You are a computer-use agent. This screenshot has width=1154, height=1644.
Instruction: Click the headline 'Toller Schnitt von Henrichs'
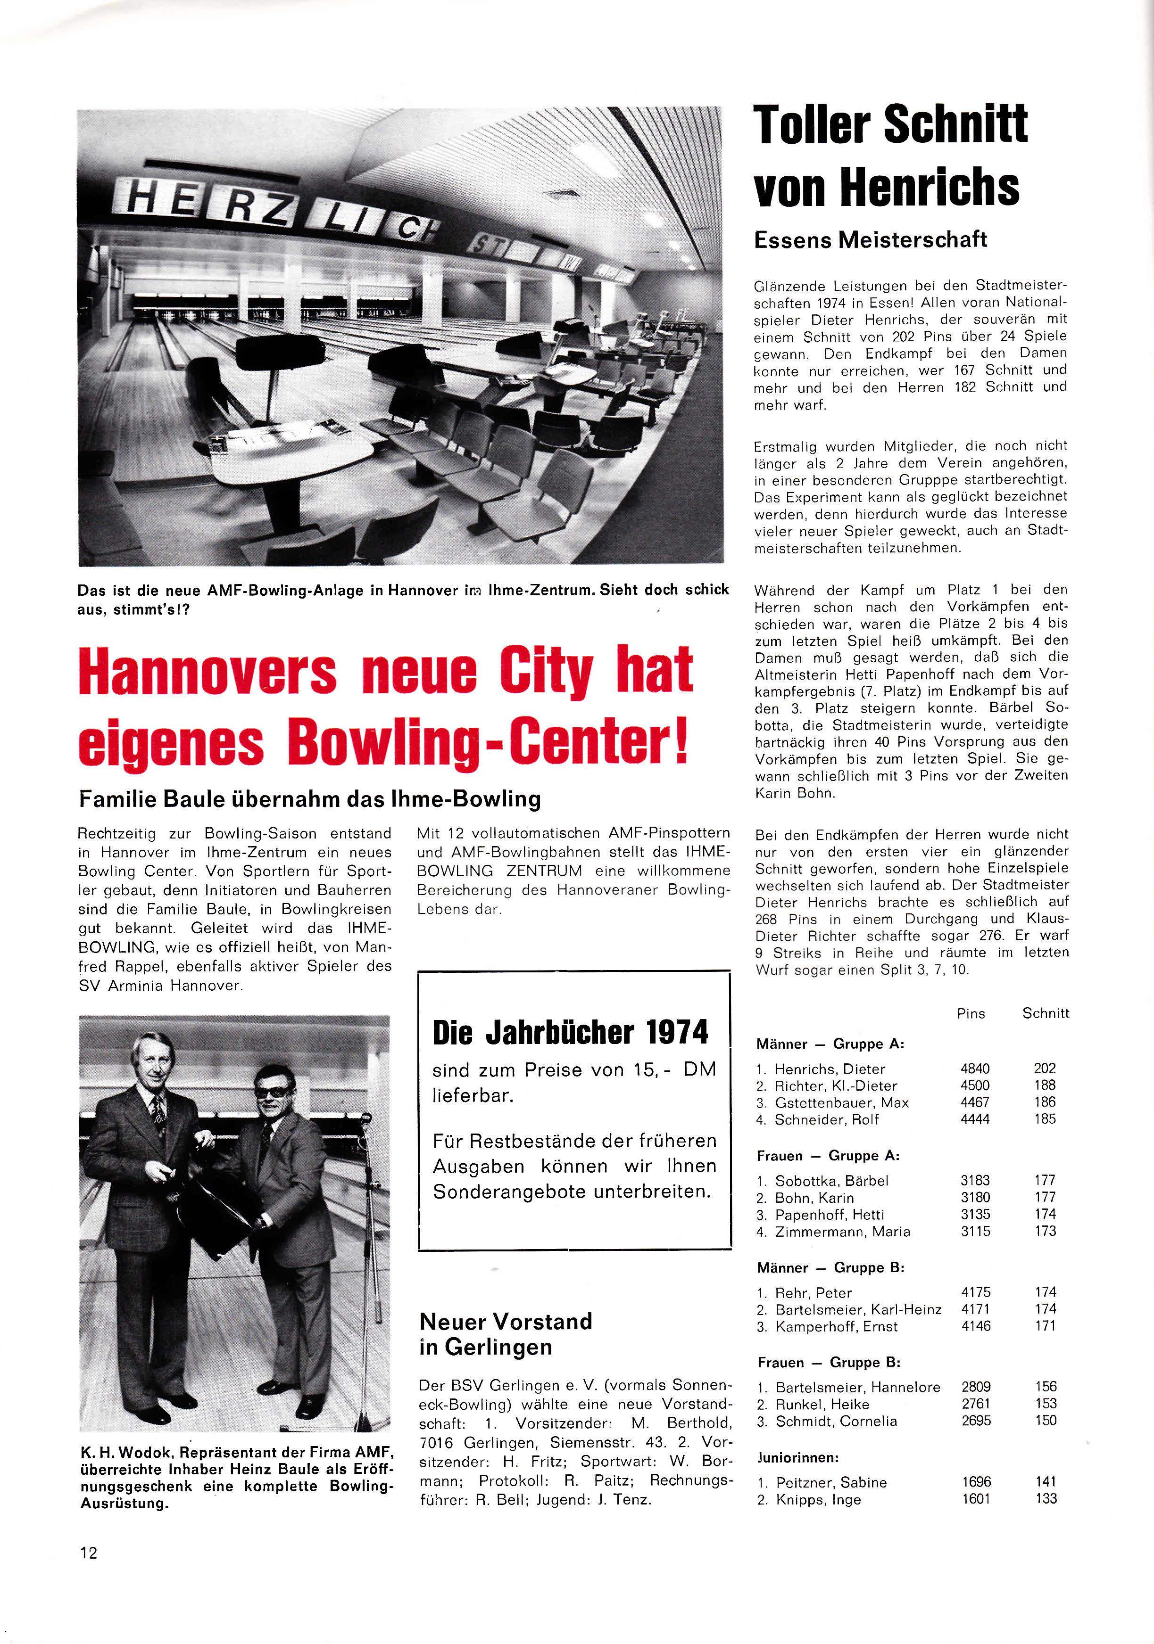click(x=890, y=155)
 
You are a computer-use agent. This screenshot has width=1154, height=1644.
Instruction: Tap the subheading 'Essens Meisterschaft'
click(x=871, y=239)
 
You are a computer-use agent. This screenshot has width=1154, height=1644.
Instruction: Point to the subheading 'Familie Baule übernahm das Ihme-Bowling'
click(x=309, y=799)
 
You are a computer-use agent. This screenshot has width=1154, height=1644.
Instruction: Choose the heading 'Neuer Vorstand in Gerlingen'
click(x=506, y=1334)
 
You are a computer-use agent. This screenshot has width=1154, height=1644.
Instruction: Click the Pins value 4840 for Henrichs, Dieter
click(x=975, y=1069)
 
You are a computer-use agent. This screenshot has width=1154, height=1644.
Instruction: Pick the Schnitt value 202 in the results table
click(x=1045, y=1069)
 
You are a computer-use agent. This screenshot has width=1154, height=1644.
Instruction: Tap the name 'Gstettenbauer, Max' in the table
click(x=842, y=1103)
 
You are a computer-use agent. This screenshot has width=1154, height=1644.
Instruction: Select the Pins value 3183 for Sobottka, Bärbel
click(x=975, y=1180)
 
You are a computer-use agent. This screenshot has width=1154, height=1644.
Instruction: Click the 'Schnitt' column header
click(x=1045, y=1013)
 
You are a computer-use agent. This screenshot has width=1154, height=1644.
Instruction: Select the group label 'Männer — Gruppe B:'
click(x=830, y=1268)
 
